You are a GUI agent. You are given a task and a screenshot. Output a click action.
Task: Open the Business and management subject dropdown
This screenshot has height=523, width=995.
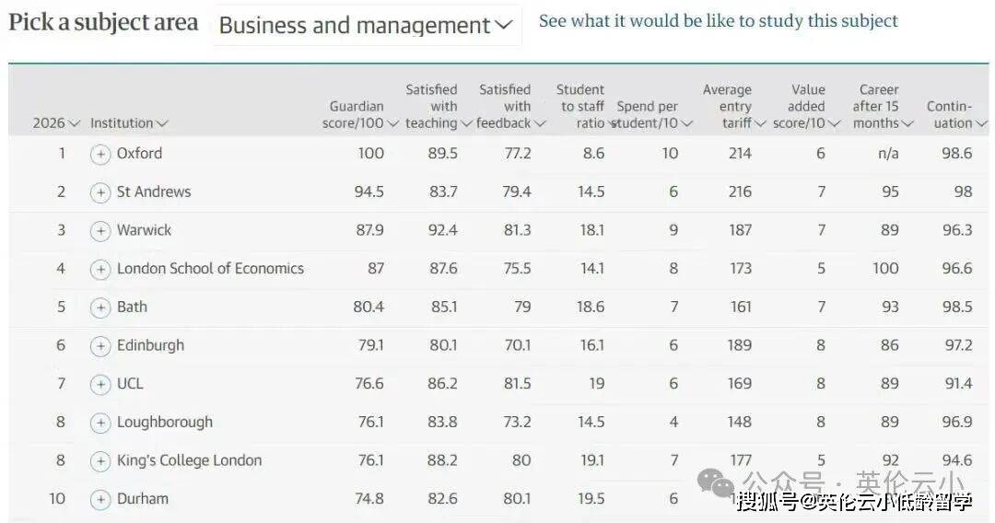click(x=366, y=26)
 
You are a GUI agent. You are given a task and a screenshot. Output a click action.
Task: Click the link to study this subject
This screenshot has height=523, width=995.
click(x=718, y=20)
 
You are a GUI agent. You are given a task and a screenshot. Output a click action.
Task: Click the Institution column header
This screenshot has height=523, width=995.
click(x=129, y=122)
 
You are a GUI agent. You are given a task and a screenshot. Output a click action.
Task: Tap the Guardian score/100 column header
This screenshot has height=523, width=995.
click(x=359, y=114)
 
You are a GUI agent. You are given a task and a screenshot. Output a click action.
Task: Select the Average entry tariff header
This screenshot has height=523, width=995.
click(x=730, y=106)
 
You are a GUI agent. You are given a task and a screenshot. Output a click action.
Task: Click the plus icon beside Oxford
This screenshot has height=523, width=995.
click(x=100, y=154)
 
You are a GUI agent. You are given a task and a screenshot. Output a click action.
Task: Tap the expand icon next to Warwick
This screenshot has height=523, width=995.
click(x=100, y=231)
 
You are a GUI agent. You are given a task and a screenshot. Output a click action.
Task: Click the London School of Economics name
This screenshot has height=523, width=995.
click(x=210, y=269)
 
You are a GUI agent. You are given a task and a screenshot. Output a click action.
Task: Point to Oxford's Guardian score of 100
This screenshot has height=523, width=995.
click(x=371, y=154)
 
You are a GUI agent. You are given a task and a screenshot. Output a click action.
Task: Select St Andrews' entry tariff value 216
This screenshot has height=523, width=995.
click(x=740, y=192)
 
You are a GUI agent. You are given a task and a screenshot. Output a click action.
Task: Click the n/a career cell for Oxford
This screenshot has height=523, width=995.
click(x=888, y=154)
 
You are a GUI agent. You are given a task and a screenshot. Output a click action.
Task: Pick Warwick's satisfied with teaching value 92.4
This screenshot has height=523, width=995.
click(x=442, y=230)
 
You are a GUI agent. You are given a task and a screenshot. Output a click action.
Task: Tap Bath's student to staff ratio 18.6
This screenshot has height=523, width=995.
click(x=591, y=307)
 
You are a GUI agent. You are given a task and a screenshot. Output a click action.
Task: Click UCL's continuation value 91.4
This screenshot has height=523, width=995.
click(x=958, y=383)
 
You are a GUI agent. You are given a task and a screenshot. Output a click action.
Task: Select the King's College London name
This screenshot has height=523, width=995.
click(x=189, y=460)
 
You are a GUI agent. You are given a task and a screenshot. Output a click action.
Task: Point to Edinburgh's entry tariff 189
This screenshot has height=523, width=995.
click(x=740, y=345)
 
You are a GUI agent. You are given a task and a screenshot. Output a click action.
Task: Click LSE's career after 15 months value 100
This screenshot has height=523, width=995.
click(x=885, y=269)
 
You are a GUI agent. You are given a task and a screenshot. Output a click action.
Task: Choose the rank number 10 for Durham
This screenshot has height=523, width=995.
click(x=57, y=498)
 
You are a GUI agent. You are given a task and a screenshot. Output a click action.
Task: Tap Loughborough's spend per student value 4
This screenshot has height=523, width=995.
click(x=673, y=422)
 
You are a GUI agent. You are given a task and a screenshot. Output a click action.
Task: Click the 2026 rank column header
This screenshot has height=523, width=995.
click(x=55, y=122)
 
